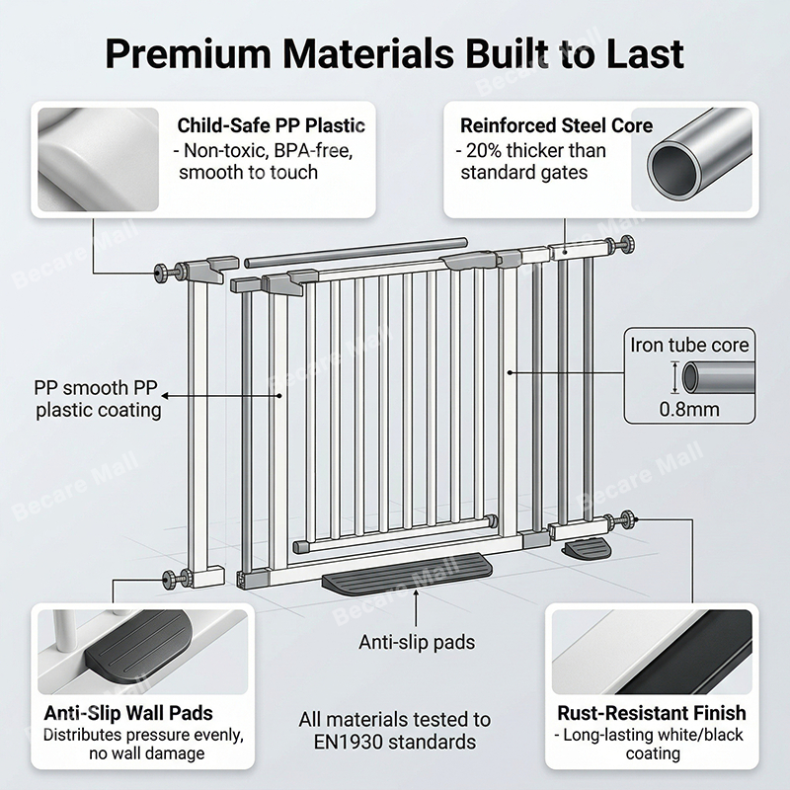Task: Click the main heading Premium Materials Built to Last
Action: [395, 53]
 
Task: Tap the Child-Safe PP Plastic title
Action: [271, 126]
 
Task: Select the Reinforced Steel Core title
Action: [556, 126]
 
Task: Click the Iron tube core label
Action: [689, 346]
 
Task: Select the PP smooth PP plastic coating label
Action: [98, 397]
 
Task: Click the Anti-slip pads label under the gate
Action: [416, 643]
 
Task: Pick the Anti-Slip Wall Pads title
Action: [127, 713]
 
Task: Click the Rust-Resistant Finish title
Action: [652, 713]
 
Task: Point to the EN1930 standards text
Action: [395, 742]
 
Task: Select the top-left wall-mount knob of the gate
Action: [160, 273]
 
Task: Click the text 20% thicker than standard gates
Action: [531, 162]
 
